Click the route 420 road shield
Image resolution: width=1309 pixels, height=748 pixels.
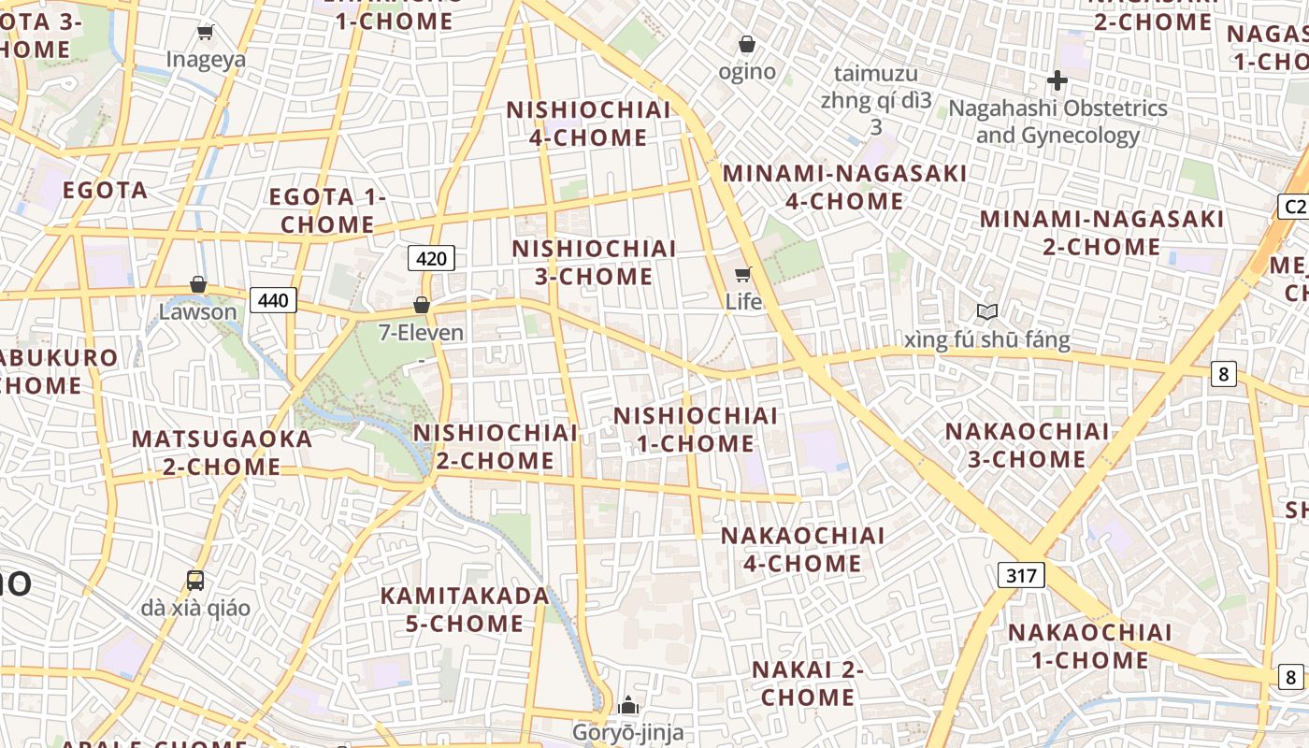431,258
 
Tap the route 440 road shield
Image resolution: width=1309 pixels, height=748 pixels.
273,300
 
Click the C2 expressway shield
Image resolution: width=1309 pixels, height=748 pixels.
1292,207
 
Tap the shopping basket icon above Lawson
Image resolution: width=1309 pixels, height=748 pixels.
198,284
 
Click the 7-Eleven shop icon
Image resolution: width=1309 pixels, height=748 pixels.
422,305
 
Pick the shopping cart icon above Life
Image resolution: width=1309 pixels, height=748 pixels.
743,274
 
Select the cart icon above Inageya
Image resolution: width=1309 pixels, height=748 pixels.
206,33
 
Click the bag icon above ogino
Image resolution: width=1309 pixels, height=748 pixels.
747,44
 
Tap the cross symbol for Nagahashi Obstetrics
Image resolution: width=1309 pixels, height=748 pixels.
1057,80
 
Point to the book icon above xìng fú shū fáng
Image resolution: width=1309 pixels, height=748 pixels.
987,311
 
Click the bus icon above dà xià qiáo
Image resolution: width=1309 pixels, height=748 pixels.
195,580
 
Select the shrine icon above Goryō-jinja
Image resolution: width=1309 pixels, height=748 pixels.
628,705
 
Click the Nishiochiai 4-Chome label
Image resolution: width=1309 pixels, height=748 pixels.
589,123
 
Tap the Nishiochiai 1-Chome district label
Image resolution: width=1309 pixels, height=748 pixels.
696,429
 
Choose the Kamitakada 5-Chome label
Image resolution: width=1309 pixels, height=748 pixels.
465,609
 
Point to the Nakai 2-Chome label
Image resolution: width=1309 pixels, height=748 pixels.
808,683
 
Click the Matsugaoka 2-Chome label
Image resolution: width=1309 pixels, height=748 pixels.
222,453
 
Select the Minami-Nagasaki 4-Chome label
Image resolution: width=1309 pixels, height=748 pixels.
845,187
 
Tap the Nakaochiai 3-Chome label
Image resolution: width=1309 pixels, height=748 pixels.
1027,445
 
